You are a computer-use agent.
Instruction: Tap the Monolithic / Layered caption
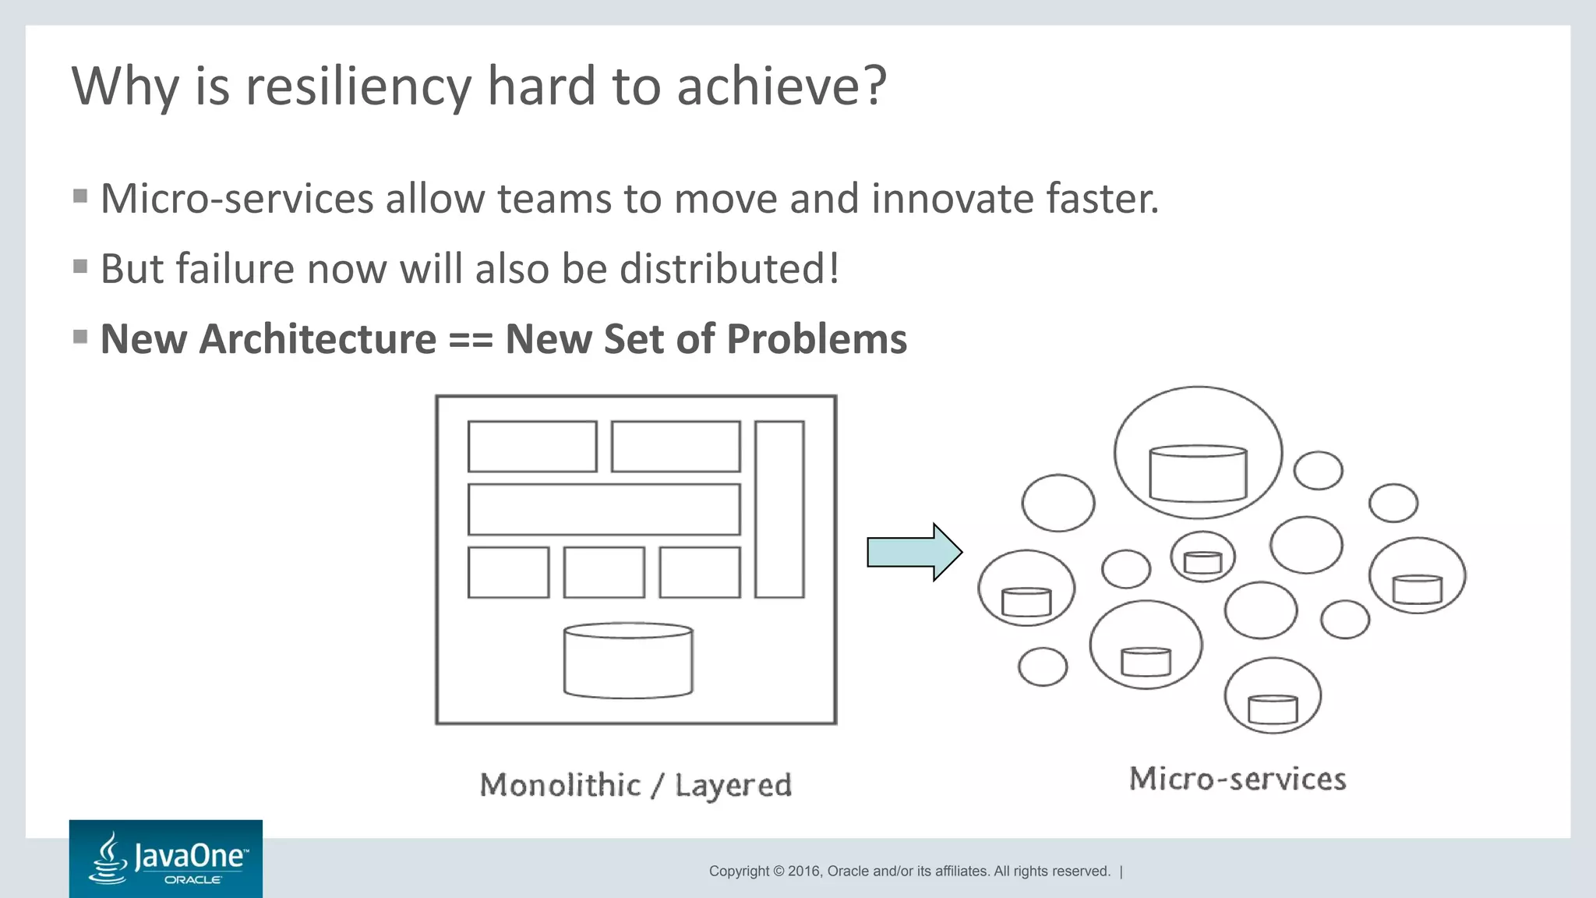pos(635,785)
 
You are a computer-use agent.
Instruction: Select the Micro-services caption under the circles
pos(1238,779)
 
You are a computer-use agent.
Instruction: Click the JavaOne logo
pos(165,858)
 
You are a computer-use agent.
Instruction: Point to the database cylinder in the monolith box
pos(628,660)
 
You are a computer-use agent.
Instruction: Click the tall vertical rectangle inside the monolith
pos(779,510)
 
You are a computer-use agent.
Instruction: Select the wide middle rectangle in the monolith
pos(604,510)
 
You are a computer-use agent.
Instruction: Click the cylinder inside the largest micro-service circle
pos(1198,473)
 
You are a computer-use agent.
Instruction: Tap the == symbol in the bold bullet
pos(471,340)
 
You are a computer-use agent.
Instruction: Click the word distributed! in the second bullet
pos(729,269)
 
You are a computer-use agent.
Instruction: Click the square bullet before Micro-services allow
pos(80,196)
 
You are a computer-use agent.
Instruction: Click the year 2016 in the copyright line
pos(804,871)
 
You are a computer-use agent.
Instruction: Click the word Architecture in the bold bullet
pos(318,340)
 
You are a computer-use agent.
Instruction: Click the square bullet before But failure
pos(80,267)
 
